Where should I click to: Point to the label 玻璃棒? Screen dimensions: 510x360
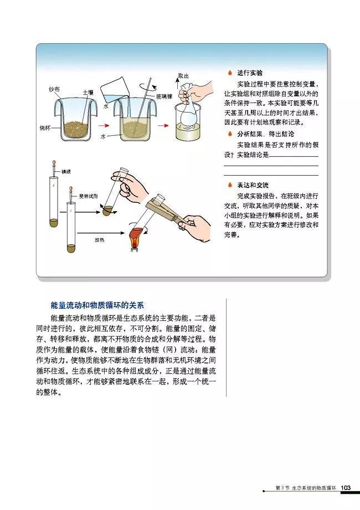coord(164,96)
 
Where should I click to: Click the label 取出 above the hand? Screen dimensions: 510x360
coord(183,75)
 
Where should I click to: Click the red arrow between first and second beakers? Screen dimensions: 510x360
coord(103,125)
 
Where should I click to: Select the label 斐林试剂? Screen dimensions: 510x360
coord(88,196)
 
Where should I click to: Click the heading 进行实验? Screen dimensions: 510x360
coord(250,73)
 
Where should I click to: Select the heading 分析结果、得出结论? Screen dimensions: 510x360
coord(265,134)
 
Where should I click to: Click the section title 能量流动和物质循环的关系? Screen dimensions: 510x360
coord(97,305)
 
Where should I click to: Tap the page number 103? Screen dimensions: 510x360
coord(346,487)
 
